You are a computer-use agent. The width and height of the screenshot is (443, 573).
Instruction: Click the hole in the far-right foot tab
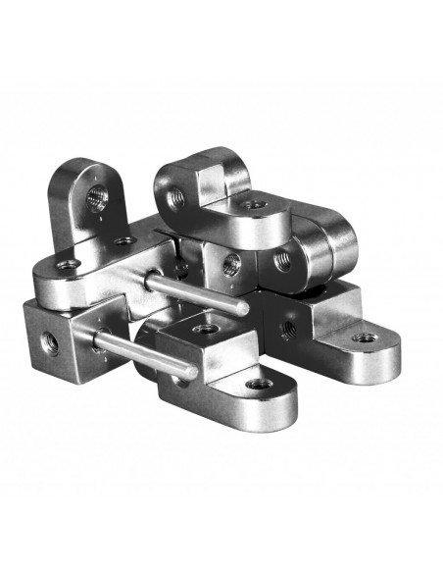click(365, 338)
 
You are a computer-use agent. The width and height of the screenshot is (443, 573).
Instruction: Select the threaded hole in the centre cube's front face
click(232, 262)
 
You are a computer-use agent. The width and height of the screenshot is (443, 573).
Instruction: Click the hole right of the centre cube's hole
click(282, 261)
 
